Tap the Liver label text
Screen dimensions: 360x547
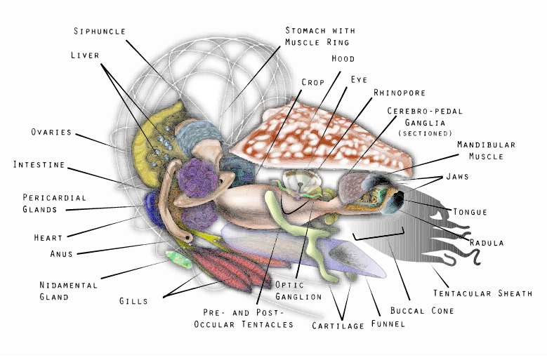85,54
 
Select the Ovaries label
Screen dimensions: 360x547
51,132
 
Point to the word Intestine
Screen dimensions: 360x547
39,165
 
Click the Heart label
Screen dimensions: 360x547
48,237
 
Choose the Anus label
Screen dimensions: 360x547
61,253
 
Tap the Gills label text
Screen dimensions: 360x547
133,301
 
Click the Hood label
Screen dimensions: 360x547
343,59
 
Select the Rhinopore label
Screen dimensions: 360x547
400,92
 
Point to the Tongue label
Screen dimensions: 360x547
470,211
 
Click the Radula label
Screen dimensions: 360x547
487,243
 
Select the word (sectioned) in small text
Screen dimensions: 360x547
425,133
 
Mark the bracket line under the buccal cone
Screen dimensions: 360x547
379,235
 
